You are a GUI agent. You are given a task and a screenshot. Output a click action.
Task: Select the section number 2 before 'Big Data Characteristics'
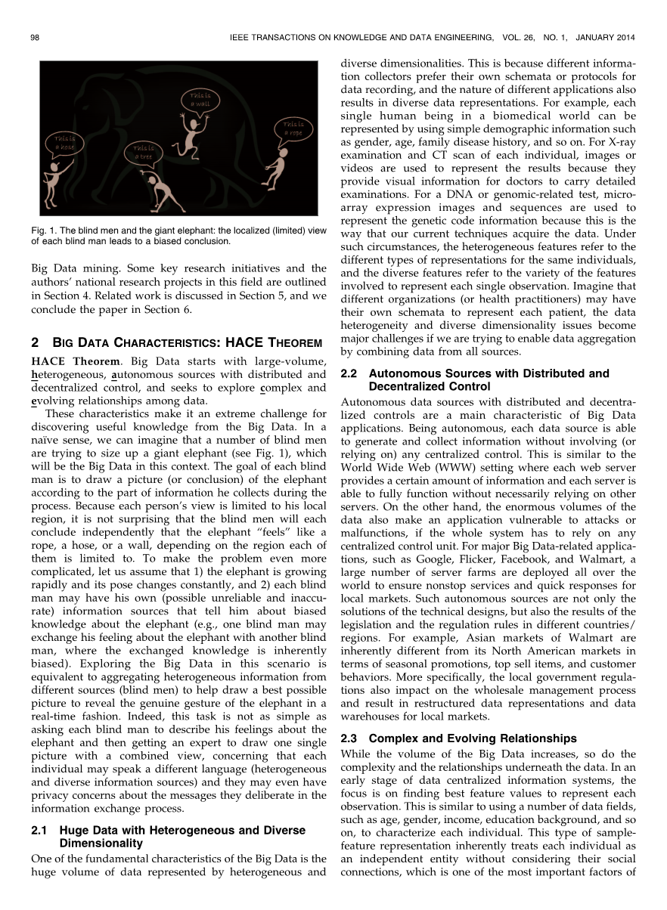click(x=34, y=343)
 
